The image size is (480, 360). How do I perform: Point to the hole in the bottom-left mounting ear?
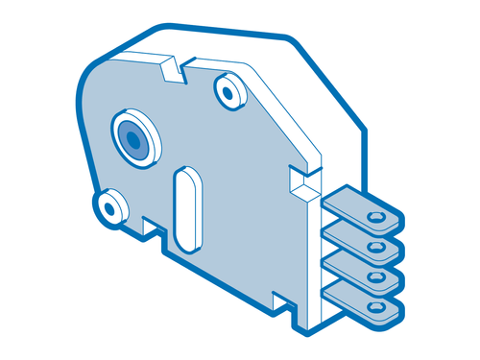coord(110,205)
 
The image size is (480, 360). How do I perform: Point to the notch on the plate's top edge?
coord(172,69)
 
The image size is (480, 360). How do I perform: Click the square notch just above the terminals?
coord(301,180)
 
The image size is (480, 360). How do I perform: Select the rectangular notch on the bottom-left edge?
coord(152,228)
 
